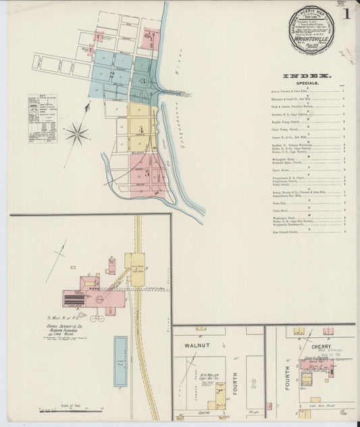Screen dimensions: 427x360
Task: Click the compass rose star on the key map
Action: (77, 133)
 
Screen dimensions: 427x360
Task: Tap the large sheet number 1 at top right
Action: (346, 14)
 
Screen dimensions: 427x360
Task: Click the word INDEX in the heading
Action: (306, 76)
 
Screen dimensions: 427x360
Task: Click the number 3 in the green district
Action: (142, 82)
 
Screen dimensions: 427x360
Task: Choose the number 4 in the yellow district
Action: (141, 128)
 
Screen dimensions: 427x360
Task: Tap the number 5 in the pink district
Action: (147, 173)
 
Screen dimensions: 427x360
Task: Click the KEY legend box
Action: (43, 118)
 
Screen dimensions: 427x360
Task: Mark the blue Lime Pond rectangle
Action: (120, 361)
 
